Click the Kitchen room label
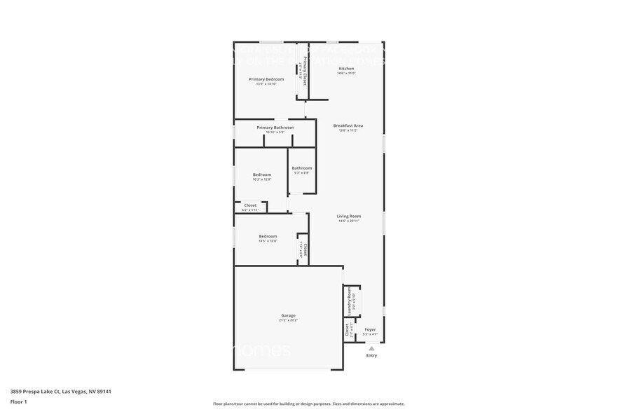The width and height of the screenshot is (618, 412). (346, 68)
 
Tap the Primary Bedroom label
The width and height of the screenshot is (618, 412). (266, 79)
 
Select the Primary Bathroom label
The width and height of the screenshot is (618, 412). (275, 128)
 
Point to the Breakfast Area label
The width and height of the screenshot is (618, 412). (348, 125)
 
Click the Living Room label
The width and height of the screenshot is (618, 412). (348, 217)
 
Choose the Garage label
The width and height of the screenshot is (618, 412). (289, 315)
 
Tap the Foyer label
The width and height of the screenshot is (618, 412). (370, 329)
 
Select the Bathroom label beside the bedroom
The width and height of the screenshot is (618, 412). (302, 168)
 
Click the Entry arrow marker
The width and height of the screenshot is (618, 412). (371, 348)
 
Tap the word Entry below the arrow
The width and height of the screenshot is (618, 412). (371, 355)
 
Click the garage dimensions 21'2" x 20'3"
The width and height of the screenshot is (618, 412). (289, 320)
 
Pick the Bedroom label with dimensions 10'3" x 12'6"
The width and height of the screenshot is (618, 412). (262, 174)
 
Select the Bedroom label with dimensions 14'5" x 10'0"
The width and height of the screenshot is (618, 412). (268, 236)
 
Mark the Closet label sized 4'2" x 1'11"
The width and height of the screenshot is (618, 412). (250, 205)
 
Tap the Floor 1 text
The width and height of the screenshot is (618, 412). (18, 401)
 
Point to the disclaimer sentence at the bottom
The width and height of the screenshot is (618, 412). (308, 404)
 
